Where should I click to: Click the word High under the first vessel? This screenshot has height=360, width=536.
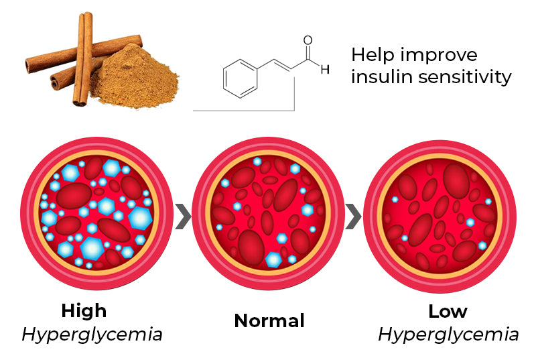pyautogui.click(x=84, y=311)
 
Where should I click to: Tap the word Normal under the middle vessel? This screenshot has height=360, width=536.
pyautogui.click(x=269, y=321)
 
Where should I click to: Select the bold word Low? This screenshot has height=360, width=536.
pyautogui.click(x=448, y=311)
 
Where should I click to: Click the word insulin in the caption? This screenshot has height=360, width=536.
pyautogui.click(x=384, y=77)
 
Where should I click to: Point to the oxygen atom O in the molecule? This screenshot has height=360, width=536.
pyautogui.click(x=308, y=41)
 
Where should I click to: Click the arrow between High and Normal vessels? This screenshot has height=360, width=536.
pyautogui.click(x=180, y=218)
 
